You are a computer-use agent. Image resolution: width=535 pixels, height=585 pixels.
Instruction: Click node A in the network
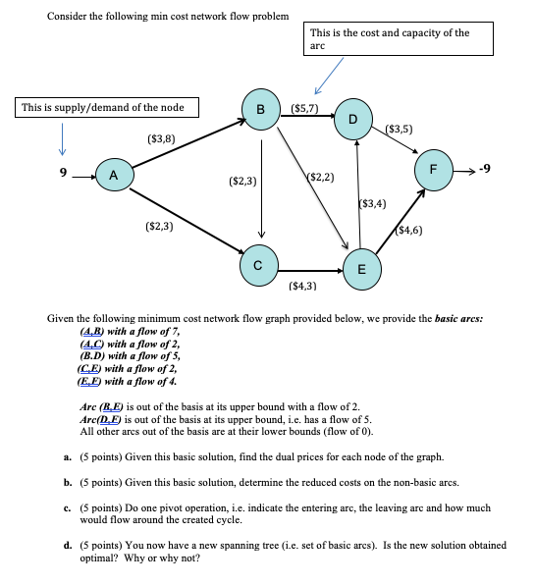(x=115, y=177)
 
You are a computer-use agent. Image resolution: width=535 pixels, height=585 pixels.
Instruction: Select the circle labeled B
(x=261, y=109)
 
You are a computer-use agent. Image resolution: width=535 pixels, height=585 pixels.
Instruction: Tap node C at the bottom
(x=260, y=264)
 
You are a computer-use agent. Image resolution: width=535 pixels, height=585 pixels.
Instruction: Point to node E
(x=361, y=268)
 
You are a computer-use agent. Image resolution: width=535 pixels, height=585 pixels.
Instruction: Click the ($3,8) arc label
(x=161, y=139)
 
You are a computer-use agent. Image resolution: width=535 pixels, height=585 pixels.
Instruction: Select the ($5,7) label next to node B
(x=305, y=106)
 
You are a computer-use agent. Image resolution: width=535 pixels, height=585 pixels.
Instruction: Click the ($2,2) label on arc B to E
(x=321, y=177)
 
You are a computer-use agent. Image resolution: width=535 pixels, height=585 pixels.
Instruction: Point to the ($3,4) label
(x=373, y=204)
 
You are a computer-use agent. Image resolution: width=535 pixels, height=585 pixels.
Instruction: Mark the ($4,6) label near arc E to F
(x=410, y=231)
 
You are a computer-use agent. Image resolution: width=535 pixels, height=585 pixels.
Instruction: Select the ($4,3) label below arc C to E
(x=303, y=286)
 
